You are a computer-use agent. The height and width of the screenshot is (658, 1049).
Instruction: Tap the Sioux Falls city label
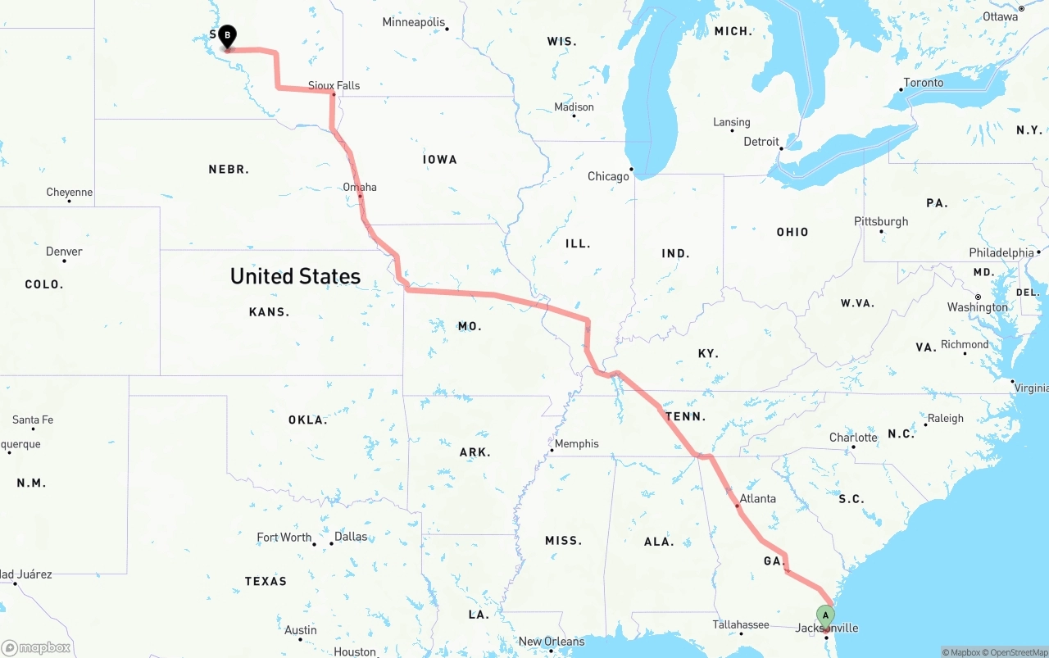pyautogui.click(x=334, y=85)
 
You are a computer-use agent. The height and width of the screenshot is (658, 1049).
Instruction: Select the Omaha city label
pyautogui.click(x=360, y=187)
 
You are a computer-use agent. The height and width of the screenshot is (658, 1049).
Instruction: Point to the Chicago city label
pyautogui.click(x=608, y=176)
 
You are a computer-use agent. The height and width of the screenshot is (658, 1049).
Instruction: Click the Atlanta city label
pyautogui.click(x=757, y=498)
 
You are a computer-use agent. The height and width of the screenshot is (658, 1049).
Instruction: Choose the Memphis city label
pyautogui.click(x=576, y=444)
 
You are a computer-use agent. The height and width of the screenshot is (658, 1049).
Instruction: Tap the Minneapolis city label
pyautogui.click(x=414, y=22)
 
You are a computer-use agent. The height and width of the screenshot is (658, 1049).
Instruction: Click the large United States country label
pyautogui.click(x=295, y=276)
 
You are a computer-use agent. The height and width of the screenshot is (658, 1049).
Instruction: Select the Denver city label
pyautogui.click(x=64, y=252)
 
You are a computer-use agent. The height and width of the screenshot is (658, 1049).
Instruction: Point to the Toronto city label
pyautogui.click(x=923, y=83)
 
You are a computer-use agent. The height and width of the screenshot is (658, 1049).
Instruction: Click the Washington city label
pyautogui.click(x=978, y=307)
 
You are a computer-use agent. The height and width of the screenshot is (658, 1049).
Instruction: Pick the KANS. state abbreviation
pyautogui.click(x=269, y=312)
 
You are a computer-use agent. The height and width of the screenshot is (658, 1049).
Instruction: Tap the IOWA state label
pyautogui.click(x=440, y=160)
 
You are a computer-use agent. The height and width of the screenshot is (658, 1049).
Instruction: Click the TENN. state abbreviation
pyautogui.click(x=685, y=417)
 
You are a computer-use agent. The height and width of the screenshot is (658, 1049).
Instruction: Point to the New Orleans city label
pyautogui.click(x=552, y=642)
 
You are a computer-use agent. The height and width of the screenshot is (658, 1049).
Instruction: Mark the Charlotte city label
pyautogui.click(x=853, y=438)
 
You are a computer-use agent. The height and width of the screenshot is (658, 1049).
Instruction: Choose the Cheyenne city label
pyautogui.click(x=70, y=193)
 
